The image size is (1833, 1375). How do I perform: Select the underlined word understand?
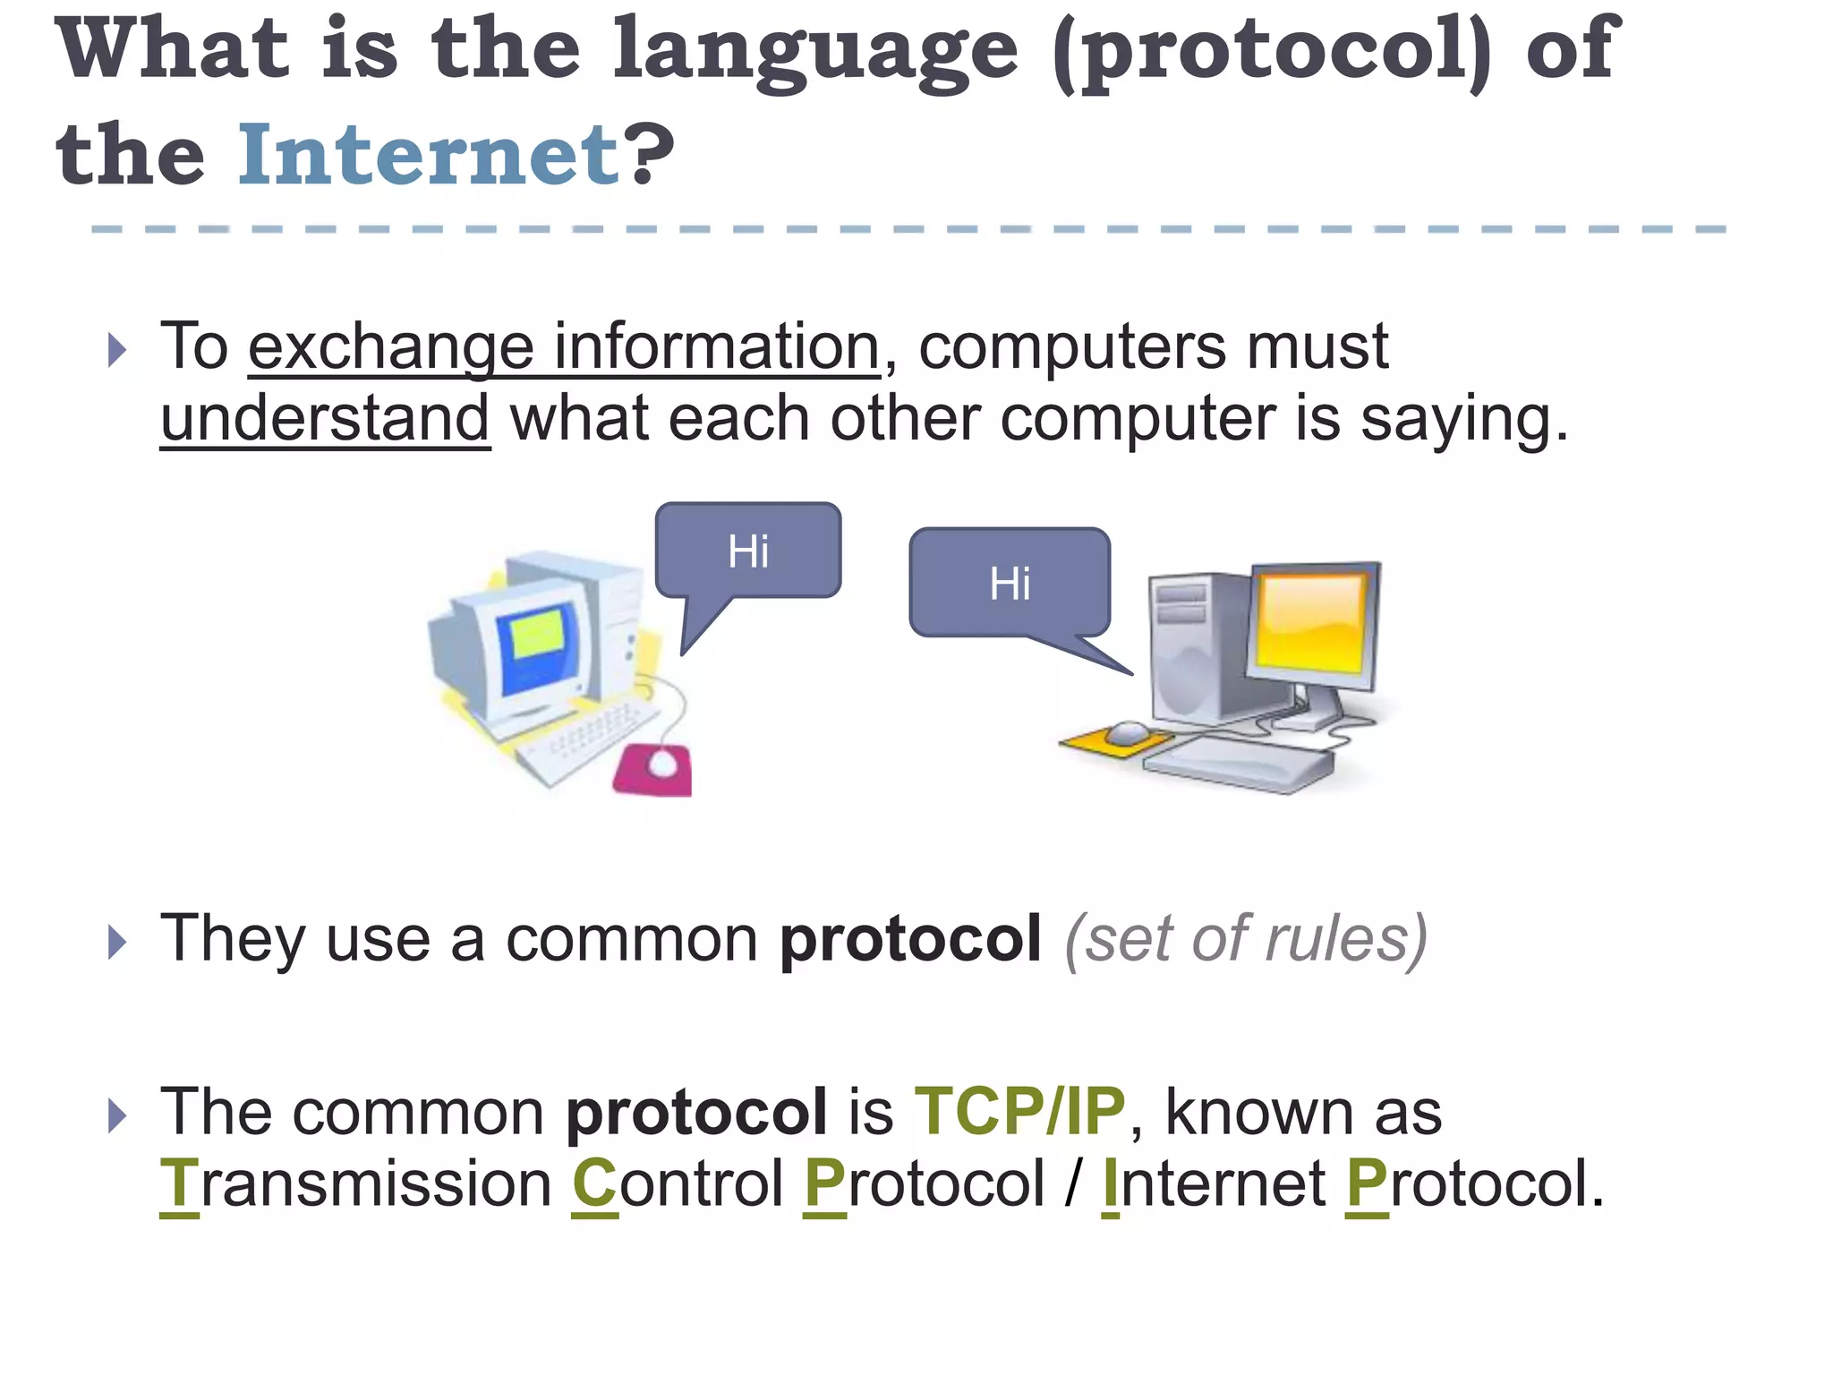(x=325, y=418)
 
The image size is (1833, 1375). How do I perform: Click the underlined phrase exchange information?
(x=564, y=346)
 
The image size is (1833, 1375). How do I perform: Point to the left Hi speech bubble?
(x=748, y=551)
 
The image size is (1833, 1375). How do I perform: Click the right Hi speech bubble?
(x=1010, y=583)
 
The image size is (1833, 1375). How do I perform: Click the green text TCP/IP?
(x=1019, y=1111)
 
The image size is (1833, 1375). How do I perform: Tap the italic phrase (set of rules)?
(x=1245, y=939)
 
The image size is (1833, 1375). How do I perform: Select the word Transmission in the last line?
(x=355, y=1183)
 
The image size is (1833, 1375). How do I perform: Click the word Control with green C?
(x=678, y=1183)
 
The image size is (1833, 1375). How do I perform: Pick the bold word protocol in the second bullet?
(x=909, y=939)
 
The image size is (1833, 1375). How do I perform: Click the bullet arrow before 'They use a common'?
(x=116, y=942)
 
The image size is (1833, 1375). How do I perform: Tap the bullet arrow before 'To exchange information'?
(x=116, y=349)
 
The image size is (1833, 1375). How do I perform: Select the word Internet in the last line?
(x=1213, y=1183)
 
